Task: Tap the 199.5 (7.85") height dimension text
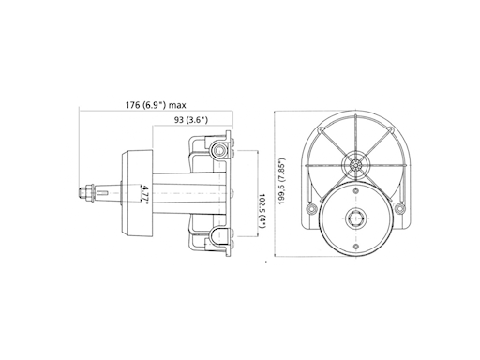[x=281, y=182]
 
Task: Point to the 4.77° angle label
[x=146, y=195]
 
